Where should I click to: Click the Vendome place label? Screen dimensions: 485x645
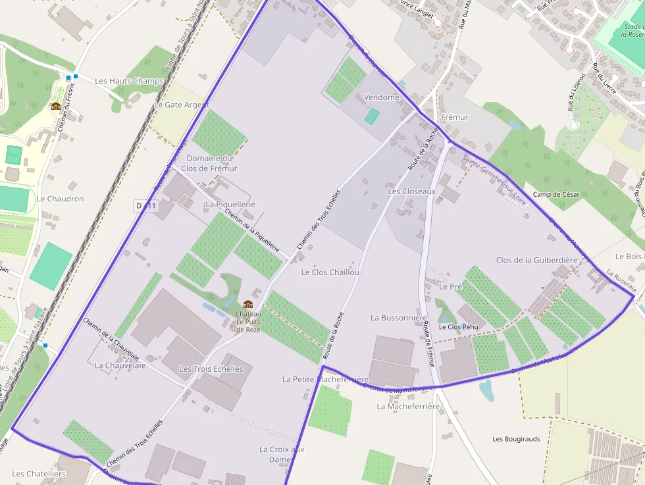382,97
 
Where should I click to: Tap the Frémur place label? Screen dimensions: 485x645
455,117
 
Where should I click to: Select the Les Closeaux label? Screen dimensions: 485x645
412,191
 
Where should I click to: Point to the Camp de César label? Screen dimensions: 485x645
556,195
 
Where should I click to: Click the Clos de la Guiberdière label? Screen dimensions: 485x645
536,261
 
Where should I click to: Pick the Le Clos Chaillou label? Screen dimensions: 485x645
330,272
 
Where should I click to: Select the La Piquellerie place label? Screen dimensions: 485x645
230,205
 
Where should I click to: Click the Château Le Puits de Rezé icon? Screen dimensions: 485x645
248,304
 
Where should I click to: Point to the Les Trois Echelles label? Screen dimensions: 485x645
211,369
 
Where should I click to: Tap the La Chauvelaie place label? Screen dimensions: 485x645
120,365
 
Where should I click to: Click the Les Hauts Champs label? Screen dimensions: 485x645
129,81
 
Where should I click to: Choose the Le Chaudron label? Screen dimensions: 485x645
60,199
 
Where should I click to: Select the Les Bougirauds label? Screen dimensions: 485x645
516,439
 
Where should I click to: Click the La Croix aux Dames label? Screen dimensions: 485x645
282,454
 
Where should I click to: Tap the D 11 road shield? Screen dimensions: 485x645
146,206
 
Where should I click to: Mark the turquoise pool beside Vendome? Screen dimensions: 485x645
372,116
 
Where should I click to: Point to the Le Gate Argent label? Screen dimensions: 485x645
181,105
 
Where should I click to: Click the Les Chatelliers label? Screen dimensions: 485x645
39,474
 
